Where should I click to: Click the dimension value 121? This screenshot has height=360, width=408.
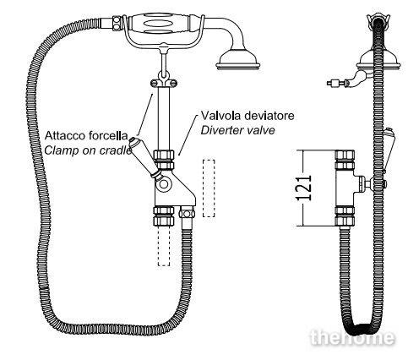304,188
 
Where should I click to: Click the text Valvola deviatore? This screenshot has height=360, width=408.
248,116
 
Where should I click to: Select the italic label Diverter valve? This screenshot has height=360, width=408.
237,130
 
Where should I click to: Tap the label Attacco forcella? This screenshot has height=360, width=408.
86,135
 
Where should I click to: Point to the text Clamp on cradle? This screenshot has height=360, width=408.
88,150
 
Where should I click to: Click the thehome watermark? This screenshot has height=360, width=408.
352,337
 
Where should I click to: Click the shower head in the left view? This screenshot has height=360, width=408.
238,60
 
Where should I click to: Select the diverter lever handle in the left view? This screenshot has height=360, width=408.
144,156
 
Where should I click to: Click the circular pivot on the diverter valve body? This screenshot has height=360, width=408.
164,184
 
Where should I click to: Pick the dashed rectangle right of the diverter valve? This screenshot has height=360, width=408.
209,188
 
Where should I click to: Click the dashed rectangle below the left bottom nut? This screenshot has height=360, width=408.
164,246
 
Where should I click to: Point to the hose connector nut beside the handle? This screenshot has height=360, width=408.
117,22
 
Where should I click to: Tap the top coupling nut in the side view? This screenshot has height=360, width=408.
345,160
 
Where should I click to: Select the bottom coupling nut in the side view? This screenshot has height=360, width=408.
345,216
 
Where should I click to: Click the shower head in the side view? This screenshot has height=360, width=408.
378,61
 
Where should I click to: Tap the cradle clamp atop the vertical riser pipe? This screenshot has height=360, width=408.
164,81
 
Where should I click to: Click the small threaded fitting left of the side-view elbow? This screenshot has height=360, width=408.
336,83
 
